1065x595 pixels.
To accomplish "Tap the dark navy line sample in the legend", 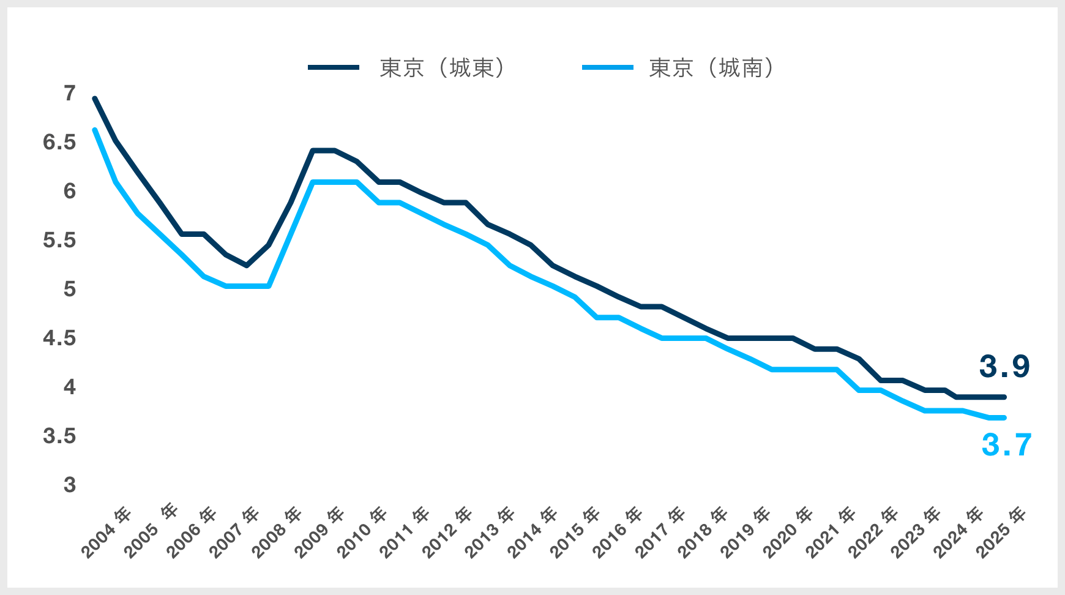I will pos(334,67).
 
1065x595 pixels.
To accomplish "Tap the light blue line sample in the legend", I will pos(607,67).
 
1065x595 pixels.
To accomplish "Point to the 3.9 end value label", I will pos(1004,366).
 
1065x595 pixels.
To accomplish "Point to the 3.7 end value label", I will pos(1006,445).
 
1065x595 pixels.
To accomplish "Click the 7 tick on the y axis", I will pos(70,94).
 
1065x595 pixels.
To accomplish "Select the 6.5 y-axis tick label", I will pos(59,143).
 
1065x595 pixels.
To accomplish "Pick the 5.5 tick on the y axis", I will pos(59,241).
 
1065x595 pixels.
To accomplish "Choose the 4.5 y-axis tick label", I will pos(59,338).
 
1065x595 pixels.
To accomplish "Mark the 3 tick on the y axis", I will pos(70,485).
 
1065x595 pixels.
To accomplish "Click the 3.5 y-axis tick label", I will pos(59,436).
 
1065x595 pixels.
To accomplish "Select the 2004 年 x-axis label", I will pos(106,533).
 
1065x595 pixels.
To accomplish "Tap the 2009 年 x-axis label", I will pos(319,533).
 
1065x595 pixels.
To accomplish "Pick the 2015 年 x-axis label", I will pos(575,533).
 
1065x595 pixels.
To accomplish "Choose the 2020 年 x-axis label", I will pos(788,533).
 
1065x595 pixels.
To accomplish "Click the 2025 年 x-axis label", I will pos(1001,533).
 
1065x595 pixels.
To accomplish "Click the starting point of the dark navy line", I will pos(95,99).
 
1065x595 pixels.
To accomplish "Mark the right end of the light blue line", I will pos(1004,417).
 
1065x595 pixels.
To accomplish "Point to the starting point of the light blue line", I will pos(95,130).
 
